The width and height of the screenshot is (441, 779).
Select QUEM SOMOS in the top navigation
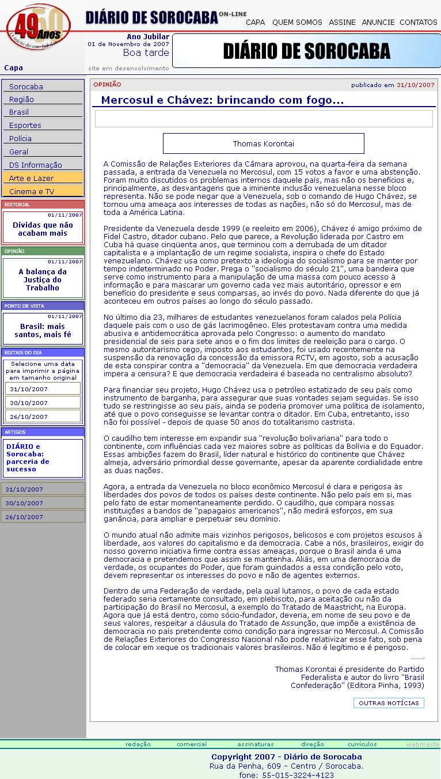click(x=297, y=22)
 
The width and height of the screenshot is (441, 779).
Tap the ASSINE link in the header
click(x=342, y=22)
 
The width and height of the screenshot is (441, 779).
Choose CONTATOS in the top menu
click(x=418, y=22)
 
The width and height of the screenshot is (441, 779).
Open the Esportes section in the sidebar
click(x=25, y=126)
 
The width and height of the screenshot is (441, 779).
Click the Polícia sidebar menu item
click(x=21, y=139)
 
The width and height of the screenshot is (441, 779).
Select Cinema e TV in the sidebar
click(x=32, y=192)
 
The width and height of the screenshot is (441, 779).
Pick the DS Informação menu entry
click(x=36, y=165)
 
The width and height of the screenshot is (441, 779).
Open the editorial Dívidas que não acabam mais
click(x=43, y=229)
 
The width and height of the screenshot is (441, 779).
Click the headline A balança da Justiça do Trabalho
click(x=43, y=279)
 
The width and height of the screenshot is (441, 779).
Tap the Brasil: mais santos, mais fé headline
click(x=43, y=330)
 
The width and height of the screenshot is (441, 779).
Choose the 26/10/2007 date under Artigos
click(x=24, y=517)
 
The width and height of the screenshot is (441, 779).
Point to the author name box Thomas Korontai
click(x=263, y=143)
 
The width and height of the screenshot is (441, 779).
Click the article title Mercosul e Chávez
click(x=222, y=101)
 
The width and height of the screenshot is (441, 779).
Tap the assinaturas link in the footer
click(x=256, y=744)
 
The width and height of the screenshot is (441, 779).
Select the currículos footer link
click(x=362, y=744)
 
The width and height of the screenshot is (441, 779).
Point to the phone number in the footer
click(x=286, y=775)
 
